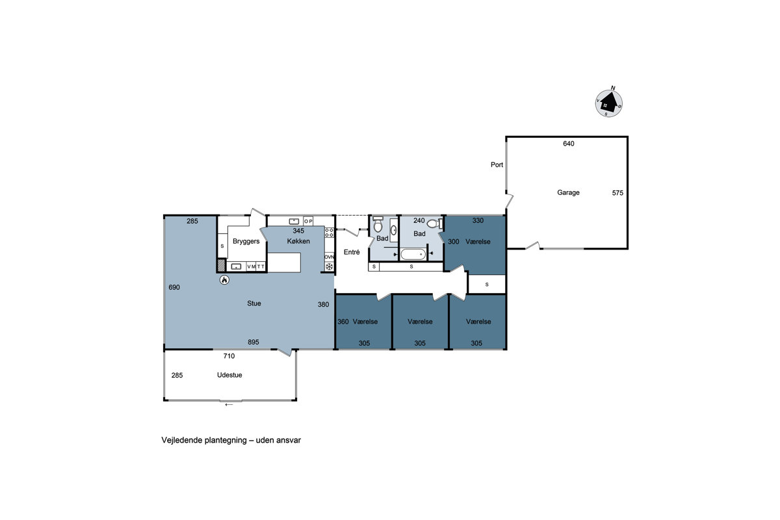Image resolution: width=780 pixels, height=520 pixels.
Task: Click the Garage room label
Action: tap(568, 192)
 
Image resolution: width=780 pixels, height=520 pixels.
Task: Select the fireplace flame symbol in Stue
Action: tap(225, 279)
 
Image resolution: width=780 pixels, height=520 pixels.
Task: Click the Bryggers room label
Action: tap(246, 241)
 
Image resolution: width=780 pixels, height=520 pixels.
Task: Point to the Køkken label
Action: tap(298, 241)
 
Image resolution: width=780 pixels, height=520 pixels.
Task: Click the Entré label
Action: tap(352, 252)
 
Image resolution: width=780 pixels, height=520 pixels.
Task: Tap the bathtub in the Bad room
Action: tap(413, 255)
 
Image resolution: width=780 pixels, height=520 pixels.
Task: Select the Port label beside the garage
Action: tap(497, 164)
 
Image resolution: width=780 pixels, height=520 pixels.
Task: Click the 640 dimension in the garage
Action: tap(569, 144)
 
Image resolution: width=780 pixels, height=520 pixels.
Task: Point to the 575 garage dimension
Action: tap(617, 193)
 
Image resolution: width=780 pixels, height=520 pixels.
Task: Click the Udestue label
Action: tap(229, 375)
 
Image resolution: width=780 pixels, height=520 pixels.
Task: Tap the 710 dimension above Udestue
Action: tap(229, 356)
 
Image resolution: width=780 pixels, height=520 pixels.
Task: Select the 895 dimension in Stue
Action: tap(253, 342)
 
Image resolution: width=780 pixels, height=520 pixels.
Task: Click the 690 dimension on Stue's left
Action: tap(174, 287)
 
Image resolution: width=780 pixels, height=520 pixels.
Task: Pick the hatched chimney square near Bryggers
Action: tap(222, 265)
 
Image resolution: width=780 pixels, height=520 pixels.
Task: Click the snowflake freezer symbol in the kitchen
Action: tap(329, 266)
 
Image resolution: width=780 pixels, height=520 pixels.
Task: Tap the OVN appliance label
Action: tap(329, 257)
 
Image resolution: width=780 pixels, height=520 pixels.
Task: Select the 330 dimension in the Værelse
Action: tap(478, 220)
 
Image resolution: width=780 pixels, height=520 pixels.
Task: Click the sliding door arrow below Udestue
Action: tap(229, 405)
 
